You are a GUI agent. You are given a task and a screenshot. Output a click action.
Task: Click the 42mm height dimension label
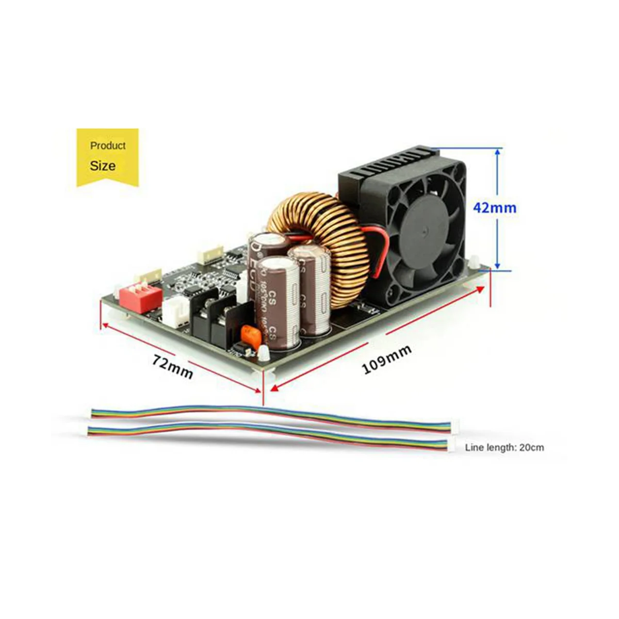point(495,208)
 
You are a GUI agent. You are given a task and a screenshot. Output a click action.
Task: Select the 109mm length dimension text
point(386,359)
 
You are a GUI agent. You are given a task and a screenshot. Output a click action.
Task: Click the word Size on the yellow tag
point(103,166)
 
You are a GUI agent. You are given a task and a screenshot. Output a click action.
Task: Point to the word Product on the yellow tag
point(108,145)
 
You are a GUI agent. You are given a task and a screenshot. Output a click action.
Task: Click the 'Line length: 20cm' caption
point(504,447)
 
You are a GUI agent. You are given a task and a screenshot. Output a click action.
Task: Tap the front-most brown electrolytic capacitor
point(278,304)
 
